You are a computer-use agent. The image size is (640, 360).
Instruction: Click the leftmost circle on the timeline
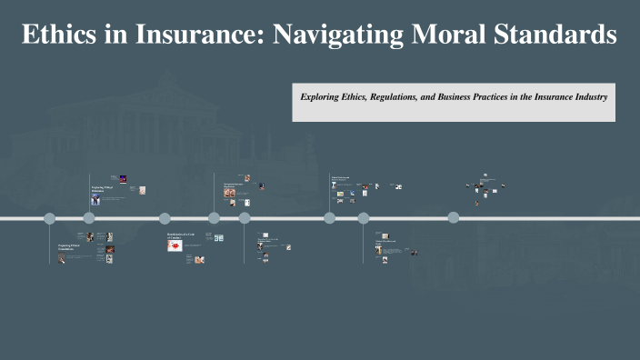pyautogui.click(x=50, y=218)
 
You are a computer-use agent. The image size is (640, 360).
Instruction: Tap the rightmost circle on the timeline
pyautogui.click(x=454, y=217)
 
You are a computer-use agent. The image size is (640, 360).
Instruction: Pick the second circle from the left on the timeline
pyautogui.click(x=89, y=218)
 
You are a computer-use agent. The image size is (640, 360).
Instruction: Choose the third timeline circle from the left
pyautogui.click(x=165, y=218)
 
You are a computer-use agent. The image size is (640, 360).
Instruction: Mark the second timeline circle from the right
pyautogui.click(x=364, y=218)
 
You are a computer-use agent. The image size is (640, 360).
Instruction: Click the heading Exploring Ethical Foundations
pyautogui.click(x=70, y=246)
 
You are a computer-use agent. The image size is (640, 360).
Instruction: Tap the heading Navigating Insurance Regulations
pyautogui.click(x=235, y=187)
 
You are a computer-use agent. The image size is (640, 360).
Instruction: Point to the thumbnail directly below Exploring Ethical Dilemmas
pyautogui.click(x=95, y=200)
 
